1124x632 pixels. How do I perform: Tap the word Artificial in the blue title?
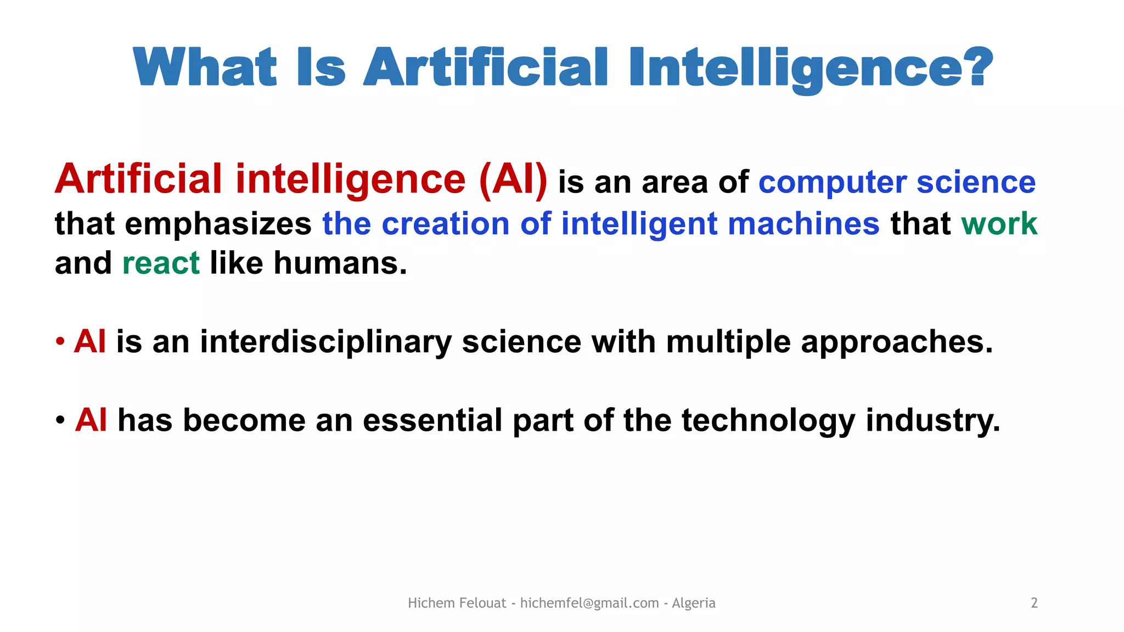[485, 67]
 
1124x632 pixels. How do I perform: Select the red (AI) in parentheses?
[513, 179]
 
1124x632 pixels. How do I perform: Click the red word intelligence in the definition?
[351, 180]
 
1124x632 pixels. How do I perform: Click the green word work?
[999, 224]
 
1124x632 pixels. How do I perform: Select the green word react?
[161, 264]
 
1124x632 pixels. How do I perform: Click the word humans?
[340, 263]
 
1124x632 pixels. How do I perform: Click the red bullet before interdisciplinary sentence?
[60, 342]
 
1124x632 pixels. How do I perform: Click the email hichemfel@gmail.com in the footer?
[589, 603]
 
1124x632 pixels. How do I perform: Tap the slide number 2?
[1034, 603]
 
